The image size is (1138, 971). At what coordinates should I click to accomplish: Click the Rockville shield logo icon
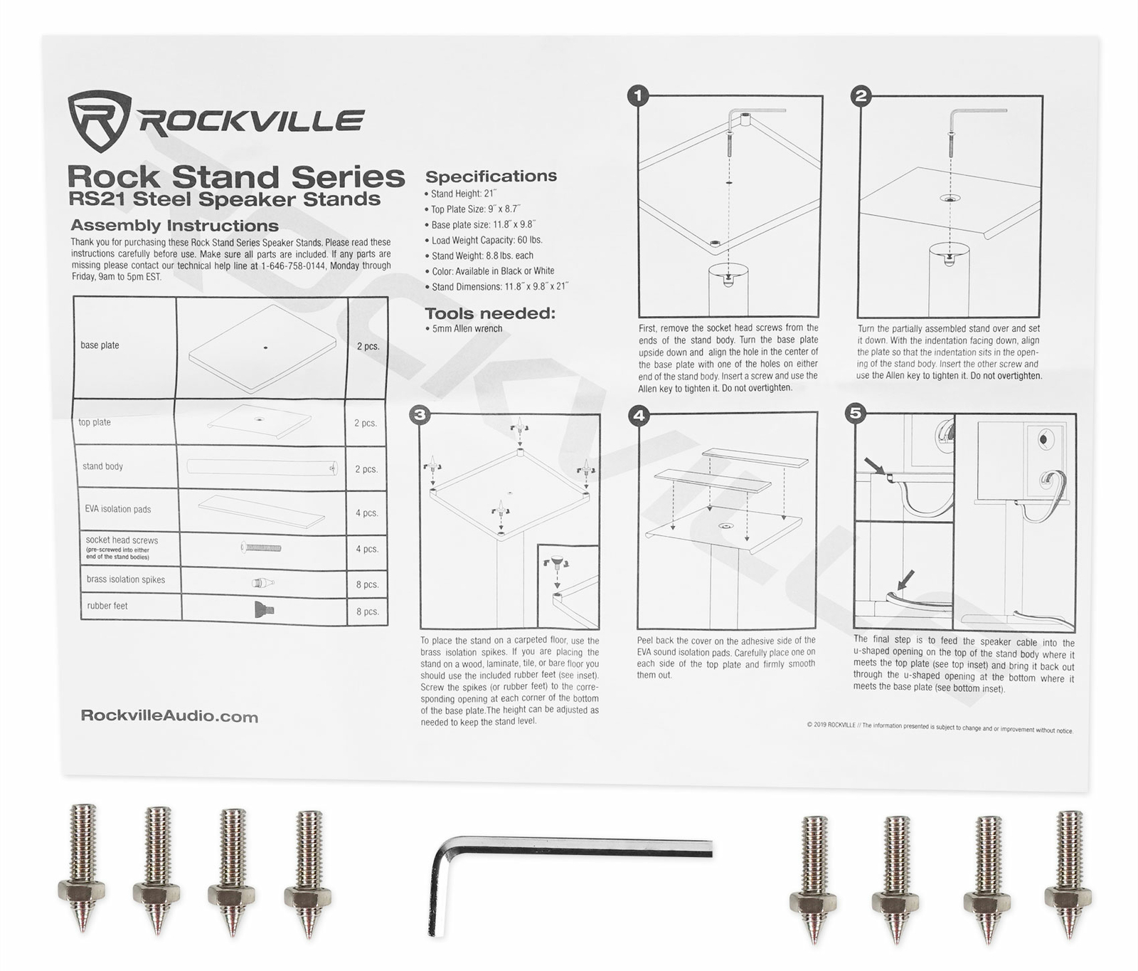[x=98, y=120]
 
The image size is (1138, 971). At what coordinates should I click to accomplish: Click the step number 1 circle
[x=638, y=95]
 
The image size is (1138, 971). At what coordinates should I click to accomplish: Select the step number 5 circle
[x=856, y=413]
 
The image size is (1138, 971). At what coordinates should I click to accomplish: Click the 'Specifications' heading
[x=491, y=176]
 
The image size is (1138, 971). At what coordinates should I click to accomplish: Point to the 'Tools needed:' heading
[x=489, y=313]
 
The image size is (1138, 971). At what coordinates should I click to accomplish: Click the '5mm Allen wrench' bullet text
[x=467, y=329]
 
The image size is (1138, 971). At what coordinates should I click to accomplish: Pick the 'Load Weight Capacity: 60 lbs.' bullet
[x=486, y=240]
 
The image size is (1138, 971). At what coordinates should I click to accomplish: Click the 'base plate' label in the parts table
[x=100, y=345]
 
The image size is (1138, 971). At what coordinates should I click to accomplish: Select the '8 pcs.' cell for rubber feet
[x=367, y=612]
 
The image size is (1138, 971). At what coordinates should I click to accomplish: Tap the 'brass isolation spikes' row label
[x=126, y=579]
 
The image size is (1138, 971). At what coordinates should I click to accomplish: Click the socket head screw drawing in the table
[x=261, y=547]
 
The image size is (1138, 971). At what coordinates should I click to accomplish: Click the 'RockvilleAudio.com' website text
[x=169, y=716]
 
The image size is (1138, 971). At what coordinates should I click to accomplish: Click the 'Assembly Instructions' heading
[x=174, y=226]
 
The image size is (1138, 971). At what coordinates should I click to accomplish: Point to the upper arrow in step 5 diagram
[x=874, y=467]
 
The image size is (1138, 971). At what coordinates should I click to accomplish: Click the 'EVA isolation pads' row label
[x=118, y=509]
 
